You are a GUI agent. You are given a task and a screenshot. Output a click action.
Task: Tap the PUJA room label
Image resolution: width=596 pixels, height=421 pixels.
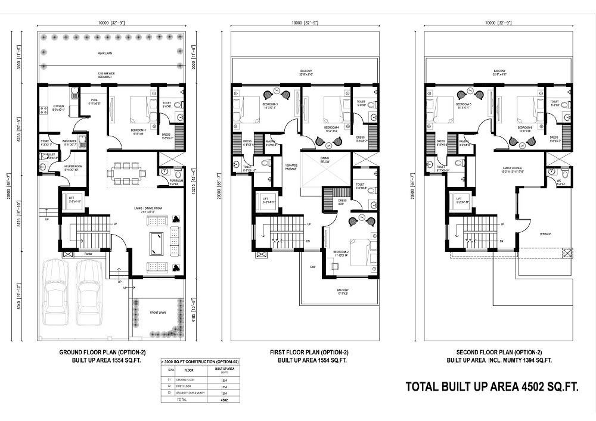click(94, 102)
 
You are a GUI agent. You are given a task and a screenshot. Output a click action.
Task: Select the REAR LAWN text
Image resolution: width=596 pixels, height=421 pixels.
click(106, 54)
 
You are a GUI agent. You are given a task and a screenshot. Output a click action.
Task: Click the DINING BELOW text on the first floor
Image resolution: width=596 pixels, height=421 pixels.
click(325, 159)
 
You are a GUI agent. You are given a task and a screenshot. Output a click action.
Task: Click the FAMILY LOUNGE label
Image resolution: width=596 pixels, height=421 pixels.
click(513, 170)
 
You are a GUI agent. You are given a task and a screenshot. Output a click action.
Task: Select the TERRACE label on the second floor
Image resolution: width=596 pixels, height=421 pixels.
click(545, 233)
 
